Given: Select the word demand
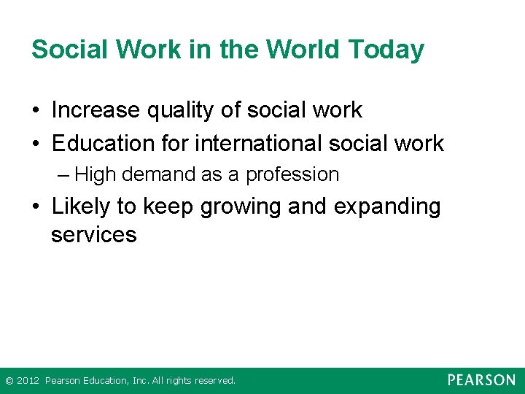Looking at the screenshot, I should click(149, 175).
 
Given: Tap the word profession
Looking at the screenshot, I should click(292, 175).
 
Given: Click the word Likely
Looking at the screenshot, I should click(83, 207).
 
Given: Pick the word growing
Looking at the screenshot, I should click(241, 207).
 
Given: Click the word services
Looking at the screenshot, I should click(93, 235).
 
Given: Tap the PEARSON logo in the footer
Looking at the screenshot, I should click(481, 380).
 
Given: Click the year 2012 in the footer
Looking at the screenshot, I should click(28, 381).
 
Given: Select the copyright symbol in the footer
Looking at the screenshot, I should click(9, 381).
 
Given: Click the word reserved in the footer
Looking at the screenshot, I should click(215, 381).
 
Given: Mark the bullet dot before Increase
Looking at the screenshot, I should click(36, 111).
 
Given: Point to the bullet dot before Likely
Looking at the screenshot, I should click(36, 208).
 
